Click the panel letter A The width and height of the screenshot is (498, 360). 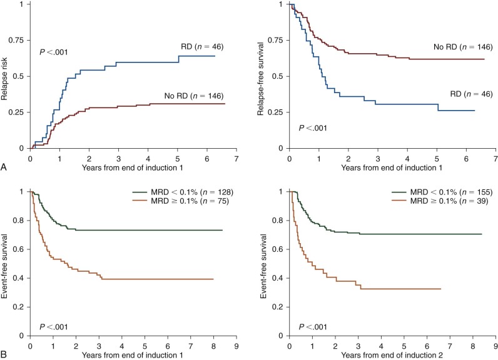coord(4,167)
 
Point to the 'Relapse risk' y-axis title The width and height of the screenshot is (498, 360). coord(6,77)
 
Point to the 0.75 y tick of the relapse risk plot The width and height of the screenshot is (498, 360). coord(18,41)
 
